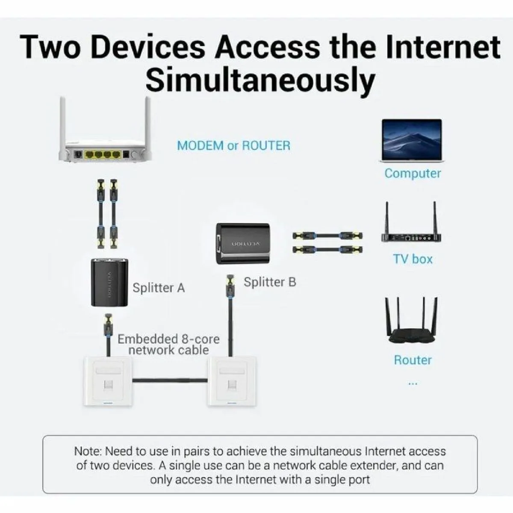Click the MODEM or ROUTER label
(233, 145)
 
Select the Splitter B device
(242, 243)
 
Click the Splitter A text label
(159, 288)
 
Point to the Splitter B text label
(270, 282)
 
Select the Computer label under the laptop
(413, 174)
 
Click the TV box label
(413, 259)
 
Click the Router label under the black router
(413, 360)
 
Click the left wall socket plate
(108, 382)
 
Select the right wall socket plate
(229, 382)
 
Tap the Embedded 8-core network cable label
(168, 345)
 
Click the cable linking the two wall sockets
(170, 380)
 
